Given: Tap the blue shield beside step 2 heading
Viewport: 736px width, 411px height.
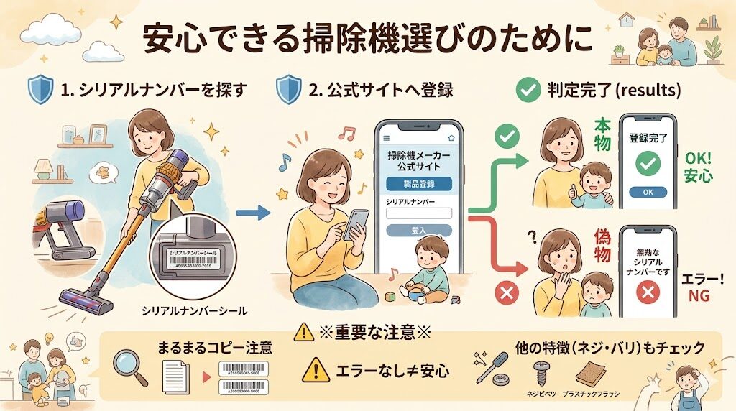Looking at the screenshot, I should [x=289, y=91].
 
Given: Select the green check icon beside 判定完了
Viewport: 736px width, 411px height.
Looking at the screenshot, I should [x=528, y=91].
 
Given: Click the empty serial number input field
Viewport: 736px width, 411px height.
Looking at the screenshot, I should [x=418, y=213].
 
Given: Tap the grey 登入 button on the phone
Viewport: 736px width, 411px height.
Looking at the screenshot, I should [x=418, y=231].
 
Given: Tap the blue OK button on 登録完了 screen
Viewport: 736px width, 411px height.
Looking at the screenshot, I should [x=649, y=193].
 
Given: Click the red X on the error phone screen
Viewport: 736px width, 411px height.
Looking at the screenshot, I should [x=649, y=292].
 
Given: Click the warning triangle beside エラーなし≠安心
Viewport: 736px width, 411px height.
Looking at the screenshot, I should [x=316, y=371].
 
